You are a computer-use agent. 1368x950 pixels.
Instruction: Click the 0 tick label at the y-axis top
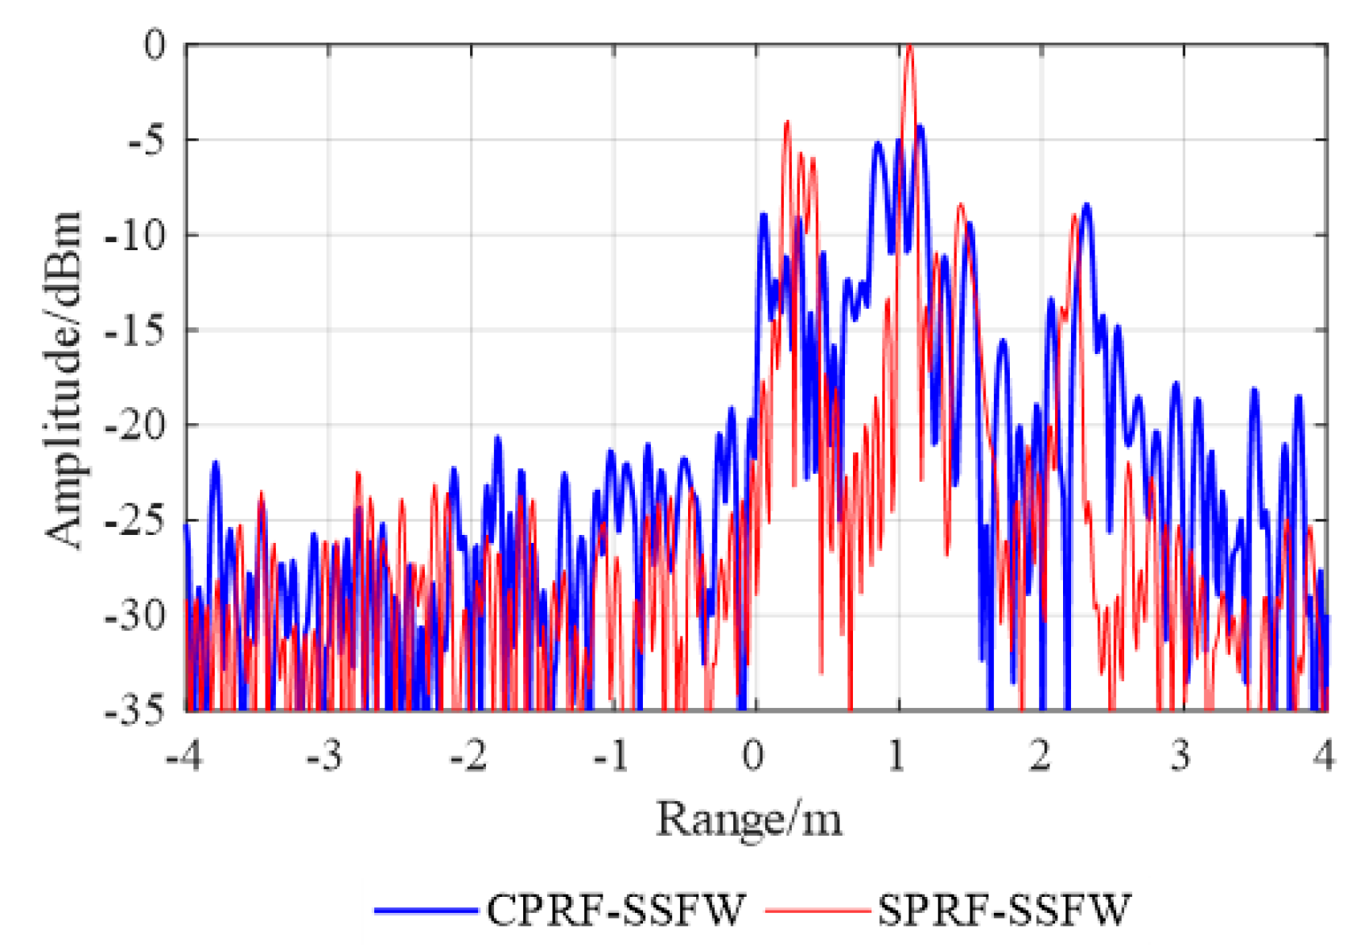pos(155,46)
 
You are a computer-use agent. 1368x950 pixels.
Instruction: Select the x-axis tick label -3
pos(325,755)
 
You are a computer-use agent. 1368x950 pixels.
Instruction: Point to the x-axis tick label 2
pos(1040,755)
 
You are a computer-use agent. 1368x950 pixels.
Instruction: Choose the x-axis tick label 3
pos(1181,755)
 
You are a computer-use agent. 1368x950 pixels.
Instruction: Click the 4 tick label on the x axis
pos(1325,755)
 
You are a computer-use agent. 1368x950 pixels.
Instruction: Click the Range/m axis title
pos(749,820)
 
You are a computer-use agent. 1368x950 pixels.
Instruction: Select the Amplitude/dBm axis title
pos(64,378)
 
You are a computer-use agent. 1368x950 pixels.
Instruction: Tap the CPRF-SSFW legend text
pos(616,910)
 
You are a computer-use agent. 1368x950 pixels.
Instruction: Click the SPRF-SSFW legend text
pos(1004,910)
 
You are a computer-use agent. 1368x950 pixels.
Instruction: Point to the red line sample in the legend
pos(816,911)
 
